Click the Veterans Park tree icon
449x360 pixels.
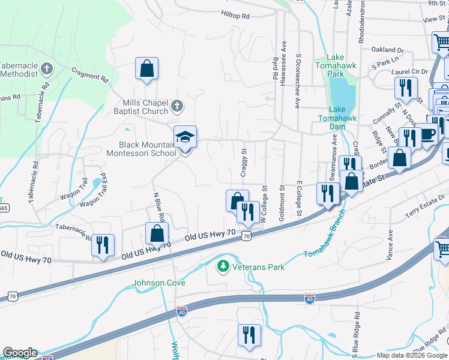click(223, 265)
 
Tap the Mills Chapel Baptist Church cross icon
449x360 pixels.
click(176, 106)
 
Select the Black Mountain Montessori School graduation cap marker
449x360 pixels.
click(185, 138)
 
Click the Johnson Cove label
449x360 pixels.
click(158, 283)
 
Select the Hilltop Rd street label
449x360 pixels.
click(235, 16)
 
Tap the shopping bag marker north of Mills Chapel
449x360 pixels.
click(146, 70)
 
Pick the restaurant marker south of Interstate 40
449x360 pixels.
click(249, 335)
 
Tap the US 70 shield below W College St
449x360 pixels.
click(246, 236)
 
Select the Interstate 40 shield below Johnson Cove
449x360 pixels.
click(182, 311)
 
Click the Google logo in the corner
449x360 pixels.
click(20, 353)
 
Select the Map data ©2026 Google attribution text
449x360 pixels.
click(411, 355)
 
